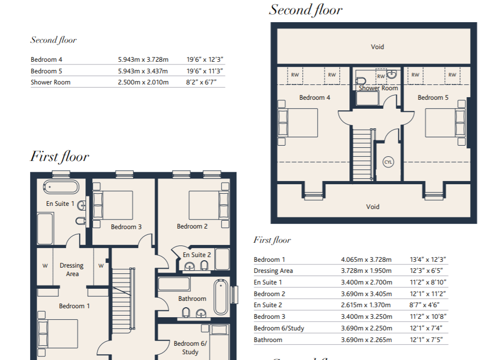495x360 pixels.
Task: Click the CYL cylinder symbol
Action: [388, 162]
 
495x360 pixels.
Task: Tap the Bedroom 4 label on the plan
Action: [315, 98]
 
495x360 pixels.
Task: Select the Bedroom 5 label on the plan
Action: [433, 98]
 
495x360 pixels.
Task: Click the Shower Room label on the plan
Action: [378, 88]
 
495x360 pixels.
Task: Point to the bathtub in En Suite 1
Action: [61, 187]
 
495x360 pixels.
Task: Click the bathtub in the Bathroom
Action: [221, 297]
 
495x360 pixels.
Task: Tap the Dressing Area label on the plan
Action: [72, 269]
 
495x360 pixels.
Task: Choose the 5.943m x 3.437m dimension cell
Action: [142, 71]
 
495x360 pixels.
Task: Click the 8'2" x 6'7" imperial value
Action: [201, 82]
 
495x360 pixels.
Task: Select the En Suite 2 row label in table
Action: [268, 305]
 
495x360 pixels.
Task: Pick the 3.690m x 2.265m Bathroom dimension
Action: [366, 340]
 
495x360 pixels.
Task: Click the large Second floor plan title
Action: [306, 10]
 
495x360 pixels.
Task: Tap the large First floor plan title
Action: [59, 157]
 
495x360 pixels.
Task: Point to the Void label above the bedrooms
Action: [377, 47]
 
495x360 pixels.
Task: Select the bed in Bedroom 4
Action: [298, 123]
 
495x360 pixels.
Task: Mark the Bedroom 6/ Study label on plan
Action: [190, 348]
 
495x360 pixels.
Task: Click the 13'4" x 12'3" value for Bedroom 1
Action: [428, 260]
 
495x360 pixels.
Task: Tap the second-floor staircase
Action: [363, 155]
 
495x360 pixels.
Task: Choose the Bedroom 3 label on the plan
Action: [126, 227]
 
